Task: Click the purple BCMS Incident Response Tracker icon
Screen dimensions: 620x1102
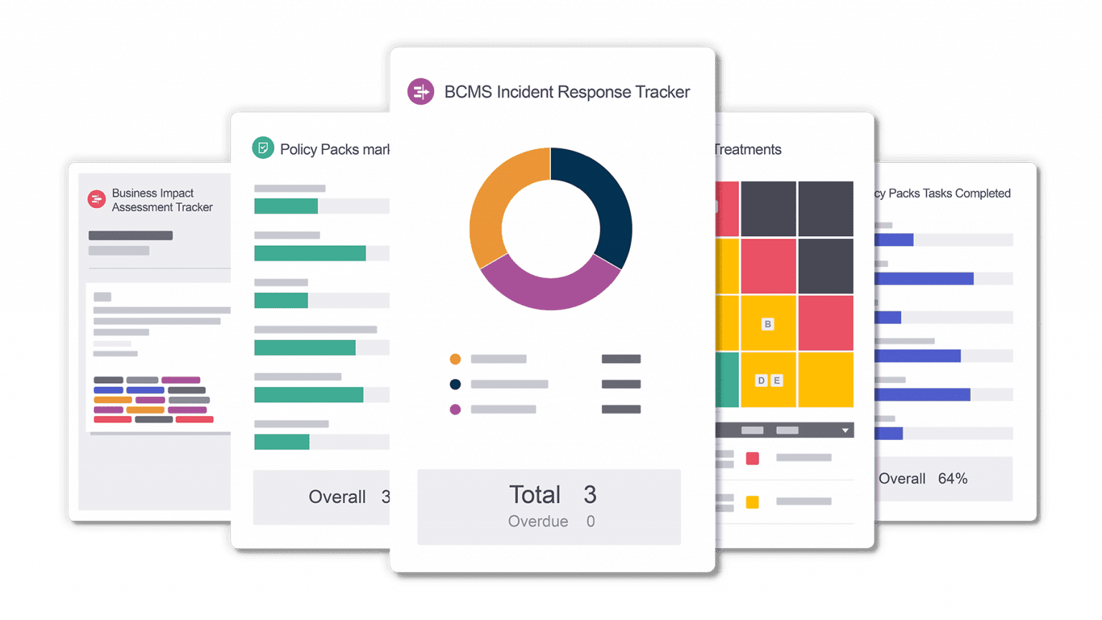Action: coord(420,92)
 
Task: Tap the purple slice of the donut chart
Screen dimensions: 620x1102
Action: coord(550,291)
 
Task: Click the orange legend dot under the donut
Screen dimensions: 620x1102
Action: coord(455,359)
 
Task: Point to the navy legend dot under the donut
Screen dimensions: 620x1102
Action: coord(455,384)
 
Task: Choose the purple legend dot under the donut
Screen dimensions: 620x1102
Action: coord(455,410)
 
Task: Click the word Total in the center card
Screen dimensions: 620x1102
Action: coord(534,495)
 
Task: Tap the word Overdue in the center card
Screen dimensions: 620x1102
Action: coord(538,522)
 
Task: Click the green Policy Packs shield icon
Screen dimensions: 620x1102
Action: coord(263,148)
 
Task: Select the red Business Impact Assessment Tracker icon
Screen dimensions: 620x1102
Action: coord(96,199)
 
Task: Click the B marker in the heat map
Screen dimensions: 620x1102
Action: coord(768,324)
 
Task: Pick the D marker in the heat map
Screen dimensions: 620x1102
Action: coord(761,380)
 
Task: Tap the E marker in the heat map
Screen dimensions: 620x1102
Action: coord(776,380)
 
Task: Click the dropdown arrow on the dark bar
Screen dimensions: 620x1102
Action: coord(845,431)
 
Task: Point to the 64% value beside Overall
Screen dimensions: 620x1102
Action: coord(953,479)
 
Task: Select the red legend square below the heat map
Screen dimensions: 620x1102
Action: coord(752,458)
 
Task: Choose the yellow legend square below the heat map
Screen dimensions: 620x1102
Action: coord(752,502)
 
